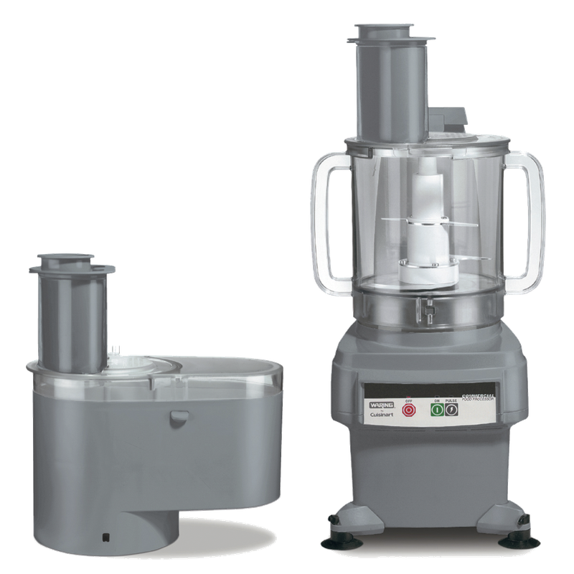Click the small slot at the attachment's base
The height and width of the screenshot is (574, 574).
106,535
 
